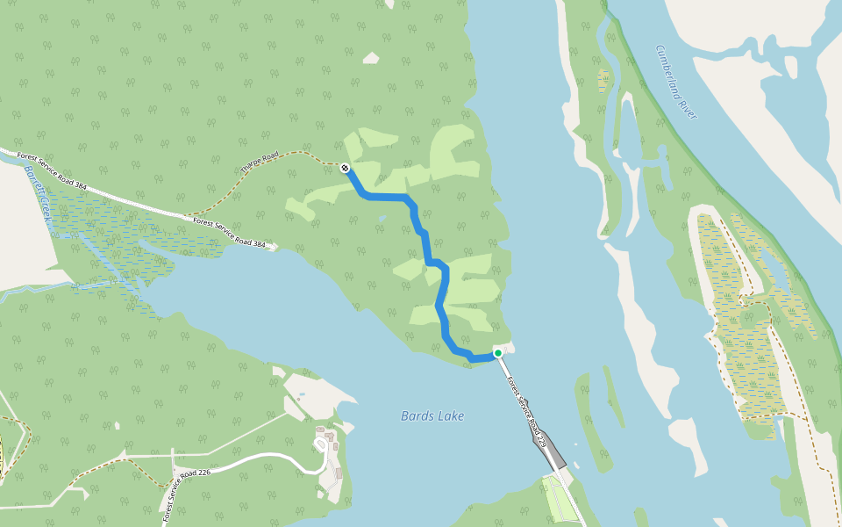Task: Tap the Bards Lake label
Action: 432,416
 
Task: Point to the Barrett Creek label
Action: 40,191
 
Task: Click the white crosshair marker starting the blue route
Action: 346,168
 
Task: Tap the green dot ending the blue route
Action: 497,353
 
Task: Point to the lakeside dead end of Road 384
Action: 275,247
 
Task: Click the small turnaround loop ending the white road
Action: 321,445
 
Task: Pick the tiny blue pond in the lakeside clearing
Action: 303,396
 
